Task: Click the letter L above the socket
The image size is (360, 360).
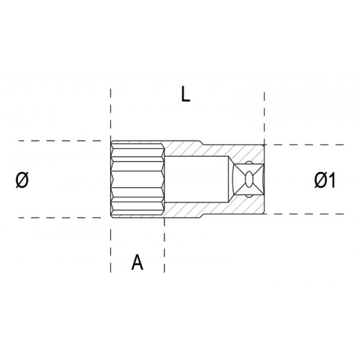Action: [x=185, y=94]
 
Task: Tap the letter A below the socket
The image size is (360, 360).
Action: [x=138, y=262]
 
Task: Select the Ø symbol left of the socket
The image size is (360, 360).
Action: [x=22, y=180]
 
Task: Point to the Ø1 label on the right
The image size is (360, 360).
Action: [x=325, y=180]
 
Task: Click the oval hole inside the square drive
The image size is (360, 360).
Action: [x=249, y=179]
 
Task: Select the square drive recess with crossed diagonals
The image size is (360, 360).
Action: [x=248, y=179]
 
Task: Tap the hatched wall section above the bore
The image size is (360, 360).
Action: [x=214, y=150]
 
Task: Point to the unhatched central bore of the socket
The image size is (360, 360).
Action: [x=197, y=179]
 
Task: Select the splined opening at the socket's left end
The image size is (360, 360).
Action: [x=138, y=179]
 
